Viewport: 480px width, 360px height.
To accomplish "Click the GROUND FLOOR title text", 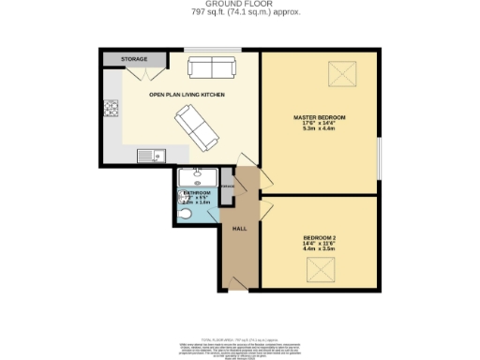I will [240, 4].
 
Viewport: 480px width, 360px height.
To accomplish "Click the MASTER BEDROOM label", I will [320, 117].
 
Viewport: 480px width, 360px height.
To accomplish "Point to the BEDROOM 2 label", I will [320, 237].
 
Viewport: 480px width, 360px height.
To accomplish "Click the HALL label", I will [239, 228].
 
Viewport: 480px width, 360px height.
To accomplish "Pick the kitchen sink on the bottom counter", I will [151, 155].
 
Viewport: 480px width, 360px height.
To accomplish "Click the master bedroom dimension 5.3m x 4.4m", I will [320, 129].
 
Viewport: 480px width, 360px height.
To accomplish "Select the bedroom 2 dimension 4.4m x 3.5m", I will [320, 249].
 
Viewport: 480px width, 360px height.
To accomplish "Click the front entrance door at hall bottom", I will [238, 282].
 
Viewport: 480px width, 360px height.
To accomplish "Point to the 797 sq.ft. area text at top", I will [240, 12].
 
